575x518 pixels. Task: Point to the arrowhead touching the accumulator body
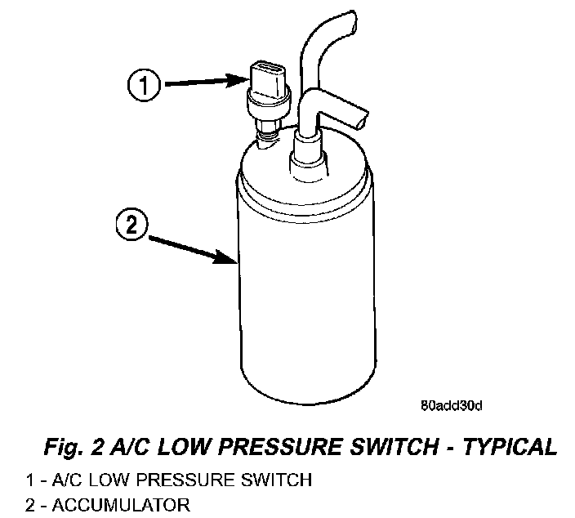pos(230,261)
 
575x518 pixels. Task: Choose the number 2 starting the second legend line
pos(31,505)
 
